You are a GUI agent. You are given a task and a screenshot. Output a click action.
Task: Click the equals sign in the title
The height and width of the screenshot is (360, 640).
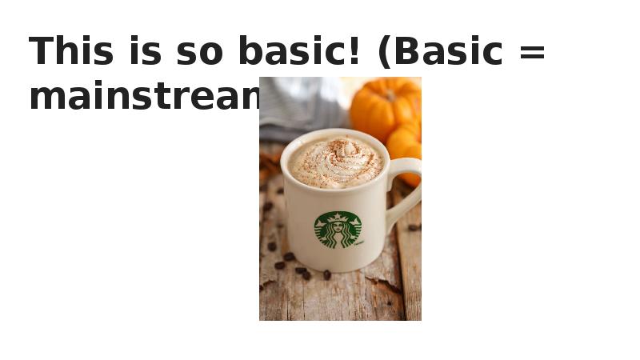tap(532, 54)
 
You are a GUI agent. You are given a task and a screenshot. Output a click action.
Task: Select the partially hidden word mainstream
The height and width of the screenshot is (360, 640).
tap(144, 97)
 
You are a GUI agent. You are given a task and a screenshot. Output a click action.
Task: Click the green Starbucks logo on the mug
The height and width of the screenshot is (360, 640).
tap(338, 230)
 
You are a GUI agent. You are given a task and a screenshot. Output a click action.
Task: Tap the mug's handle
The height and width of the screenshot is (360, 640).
tap(405, 192)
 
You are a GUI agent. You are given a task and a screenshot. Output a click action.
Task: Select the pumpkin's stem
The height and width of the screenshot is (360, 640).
tap(390, 94)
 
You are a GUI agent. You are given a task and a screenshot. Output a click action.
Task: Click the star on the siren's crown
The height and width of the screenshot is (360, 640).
tap(338, 217)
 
